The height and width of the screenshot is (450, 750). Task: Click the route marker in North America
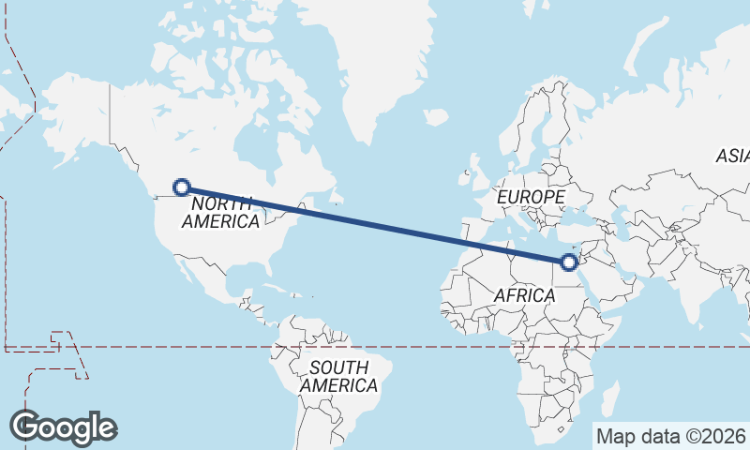coord(183,187)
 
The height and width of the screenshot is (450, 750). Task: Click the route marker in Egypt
coord(568,262)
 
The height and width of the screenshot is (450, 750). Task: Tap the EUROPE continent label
coord(531,198)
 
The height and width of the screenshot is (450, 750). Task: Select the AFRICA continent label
coord(525,295)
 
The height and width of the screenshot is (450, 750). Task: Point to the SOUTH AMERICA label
coord(338,376)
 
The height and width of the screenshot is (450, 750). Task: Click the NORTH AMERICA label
coord(221,213)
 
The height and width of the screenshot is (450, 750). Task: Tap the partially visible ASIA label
coord(732,157)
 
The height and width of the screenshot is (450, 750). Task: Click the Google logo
coord(63,427)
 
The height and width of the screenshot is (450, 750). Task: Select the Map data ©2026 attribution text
coord(670,436)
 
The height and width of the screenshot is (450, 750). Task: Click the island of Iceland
coord(434,118)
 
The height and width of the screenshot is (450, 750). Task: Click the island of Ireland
coord(464,175)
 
